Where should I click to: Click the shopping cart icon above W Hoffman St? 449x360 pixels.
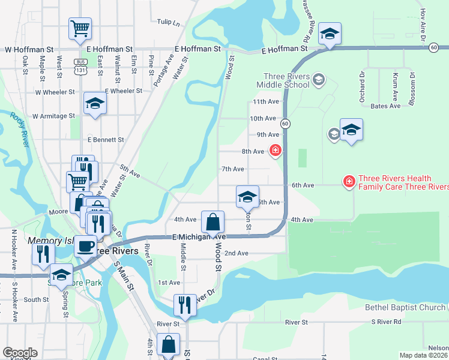[80, 28]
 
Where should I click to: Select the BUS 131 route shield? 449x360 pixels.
[79, 66]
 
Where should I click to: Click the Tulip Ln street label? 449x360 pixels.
[168, 22]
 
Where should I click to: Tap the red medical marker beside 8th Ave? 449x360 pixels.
[275, 150]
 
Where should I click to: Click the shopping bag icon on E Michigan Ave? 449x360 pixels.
[212, 222]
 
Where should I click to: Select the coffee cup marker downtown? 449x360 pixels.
[85, 245]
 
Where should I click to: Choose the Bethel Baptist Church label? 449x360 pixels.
[405, 308]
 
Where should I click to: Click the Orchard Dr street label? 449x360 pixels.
[362, 87]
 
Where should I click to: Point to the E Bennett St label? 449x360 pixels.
[105, 140]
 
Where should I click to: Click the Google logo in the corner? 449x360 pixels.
[20, 353]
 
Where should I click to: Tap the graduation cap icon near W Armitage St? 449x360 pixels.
[95, 104]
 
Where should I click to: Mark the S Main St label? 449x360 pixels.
[126, 277]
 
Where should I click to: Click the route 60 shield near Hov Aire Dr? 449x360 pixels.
[433, 48]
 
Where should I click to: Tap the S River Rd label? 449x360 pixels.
[389, 322]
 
